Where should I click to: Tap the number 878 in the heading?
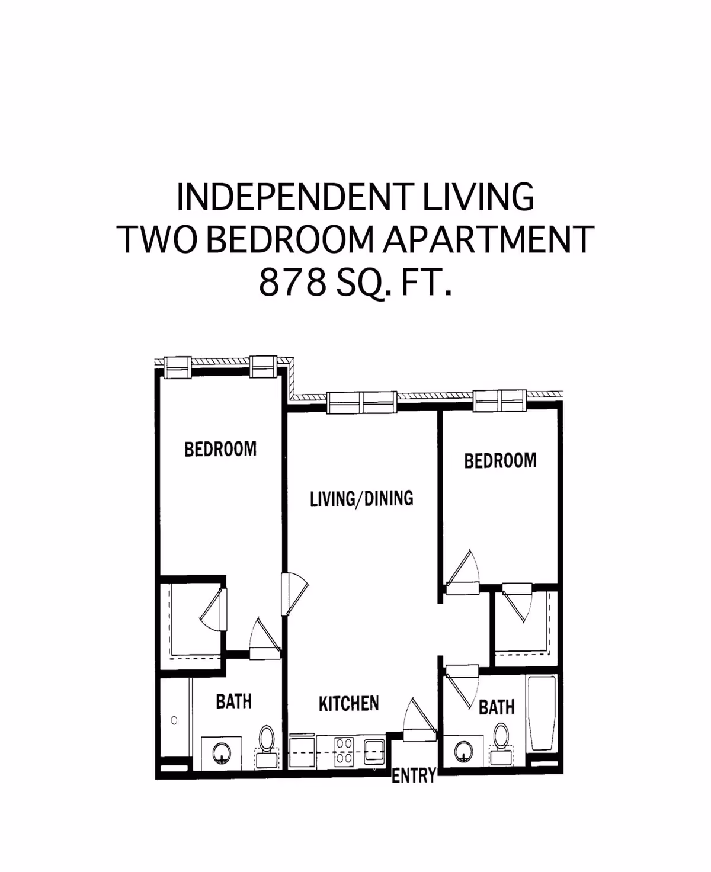(x=293, y=283)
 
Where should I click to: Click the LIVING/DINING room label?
(x=361, y=499)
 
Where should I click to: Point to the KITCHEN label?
(x=348, y=704)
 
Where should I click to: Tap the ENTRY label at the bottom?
(x=414, y=775)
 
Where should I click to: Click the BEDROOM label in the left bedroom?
(x=220, y=449)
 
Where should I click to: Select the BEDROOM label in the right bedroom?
(x=500, y=460)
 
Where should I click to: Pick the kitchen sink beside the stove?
(x=373, y=751)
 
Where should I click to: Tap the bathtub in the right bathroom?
(x=542, y=714)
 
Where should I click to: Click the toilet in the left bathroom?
(x=266, y=740)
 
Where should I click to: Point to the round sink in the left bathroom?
(x=221, y=754)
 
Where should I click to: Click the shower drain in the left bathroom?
(x=174, y=720)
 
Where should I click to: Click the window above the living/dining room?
(x=361, y=403)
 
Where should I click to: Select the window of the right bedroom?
(x=499, y=401)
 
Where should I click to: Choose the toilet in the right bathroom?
(x=500, y=742)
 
